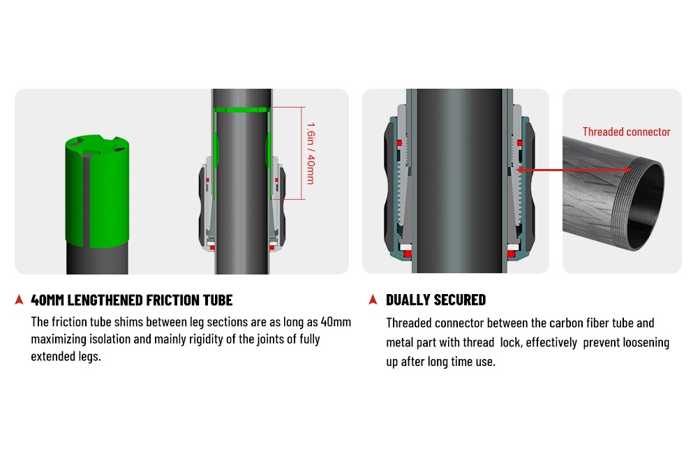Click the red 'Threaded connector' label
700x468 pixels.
626,132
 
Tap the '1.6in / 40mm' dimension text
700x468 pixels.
311,153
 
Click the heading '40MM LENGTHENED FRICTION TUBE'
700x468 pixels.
132,300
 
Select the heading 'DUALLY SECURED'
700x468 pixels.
435,300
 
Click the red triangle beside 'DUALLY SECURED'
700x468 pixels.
373,300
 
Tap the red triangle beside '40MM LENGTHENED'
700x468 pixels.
19,300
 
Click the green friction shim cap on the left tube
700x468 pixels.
97,191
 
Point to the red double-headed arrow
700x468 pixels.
574,170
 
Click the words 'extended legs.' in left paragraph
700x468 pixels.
66,357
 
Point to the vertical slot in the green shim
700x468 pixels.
86,201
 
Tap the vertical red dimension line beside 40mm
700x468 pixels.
302,153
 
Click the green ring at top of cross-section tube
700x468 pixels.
241,110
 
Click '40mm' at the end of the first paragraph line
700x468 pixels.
336,322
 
